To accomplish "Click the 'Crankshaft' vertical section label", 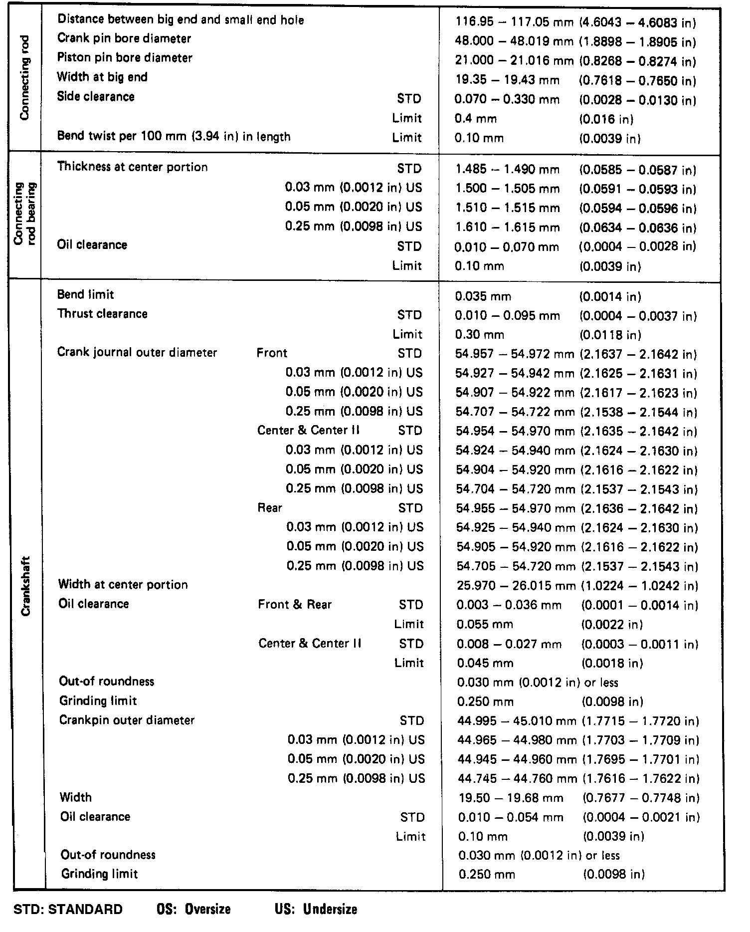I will (26, 586).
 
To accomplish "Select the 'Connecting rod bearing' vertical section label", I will (25, 215).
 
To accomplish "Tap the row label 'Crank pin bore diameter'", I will (124, 38).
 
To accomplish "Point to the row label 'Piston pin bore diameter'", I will (124, 58).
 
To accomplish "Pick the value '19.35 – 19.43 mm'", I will (507, 80).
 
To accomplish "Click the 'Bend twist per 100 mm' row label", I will (174, 136).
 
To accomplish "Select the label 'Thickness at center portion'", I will (132, 167).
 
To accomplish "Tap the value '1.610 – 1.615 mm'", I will (507, 228).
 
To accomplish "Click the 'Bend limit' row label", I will (85, 294).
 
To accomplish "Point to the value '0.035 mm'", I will (483, 297).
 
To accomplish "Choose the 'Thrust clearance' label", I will (102, 314).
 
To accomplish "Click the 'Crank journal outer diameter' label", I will (137, 352).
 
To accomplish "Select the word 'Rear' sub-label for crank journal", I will (270, 508).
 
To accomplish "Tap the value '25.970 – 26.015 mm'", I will (516, 586).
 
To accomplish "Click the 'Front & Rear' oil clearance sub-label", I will (295, 605).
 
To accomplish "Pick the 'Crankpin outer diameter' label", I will (127, 720).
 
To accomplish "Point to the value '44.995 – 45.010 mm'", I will (517, 721).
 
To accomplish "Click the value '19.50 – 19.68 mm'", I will (511, 798).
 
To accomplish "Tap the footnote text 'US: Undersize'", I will (316, 909).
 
